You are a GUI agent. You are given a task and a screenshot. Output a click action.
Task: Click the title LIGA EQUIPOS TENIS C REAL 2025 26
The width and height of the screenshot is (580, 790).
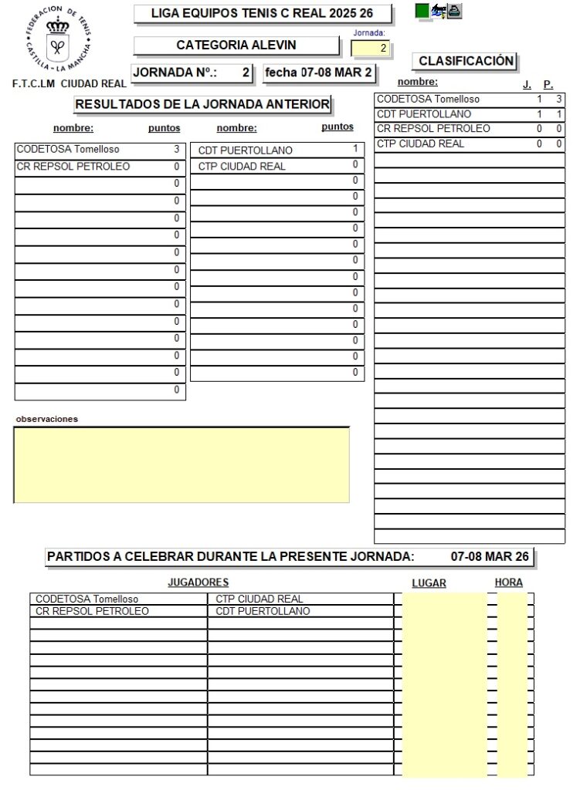262,14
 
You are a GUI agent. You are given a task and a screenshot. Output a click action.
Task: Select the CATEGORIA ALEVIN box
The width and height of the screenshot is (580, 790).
236,46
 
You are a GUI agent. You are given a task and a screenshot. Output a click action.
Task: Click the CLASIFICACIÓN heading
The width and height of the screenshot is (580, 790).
466,61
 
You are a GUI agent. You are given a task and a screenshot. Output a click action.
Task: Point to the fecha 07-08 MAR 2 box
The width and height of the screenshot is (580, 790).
318,73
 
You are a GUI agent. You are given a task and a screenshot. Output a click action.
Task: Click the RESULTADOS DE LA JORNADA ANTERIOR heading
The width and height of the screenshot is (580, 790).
202,104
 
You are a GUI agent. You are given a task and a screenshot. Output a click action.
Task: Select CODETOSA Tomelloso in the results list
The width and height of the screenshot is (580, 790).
68,150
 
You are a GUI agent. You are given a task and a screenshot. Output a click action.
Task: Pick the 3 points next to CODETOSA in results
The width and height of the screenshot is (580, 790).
177,150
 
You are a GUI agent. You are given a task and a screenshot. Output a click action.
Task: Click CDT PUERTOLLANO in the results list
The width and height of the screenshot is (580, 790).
246,150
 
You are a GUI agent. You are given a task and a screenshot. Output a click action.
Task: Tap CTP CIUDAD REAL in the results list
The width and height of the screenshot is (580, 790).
242,167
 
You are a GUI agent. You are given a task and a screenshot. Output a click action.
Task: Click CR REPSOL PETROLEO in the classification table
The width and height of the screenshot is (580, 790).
433,129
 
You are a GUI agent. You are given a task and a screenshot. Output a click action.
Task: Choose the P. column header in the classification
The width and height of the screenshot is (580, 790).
548,85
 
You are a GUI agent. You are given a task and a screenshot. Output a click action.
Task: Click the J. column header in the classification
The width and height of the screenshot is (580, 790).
527,85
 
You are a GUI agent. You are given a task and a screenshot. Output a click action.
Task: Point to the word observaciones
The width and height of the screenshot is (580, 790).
46,419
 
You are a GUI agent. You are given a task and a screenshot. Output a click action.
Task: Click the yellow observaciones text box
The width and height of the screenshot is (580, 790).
181,464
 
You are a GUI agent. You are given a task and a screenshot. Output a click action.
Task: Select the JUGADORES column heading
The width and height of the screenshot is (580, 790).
198,582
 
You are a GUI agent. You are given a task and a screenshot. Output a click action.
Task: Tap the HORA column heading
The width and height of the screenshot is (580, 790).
509,582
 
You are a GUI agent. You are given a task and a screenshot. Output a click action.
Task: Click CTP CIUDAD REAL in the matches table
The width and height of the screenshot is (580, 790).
259,599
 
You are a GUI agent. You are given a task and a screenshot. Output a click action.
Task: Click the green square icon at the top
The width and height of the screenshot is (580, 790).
422,11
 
